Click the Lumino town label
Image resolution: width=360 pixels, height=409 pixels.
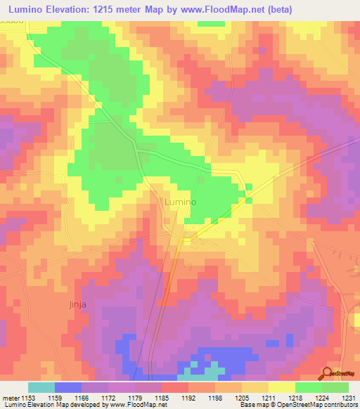(179, 202)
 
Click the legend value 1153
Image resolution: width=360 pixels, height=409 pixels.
(29, 398)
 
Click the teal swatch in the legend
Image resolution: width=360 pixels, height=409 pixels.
(41, 387)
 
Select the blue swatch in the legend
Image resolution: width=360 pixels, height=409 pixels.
(68, 387)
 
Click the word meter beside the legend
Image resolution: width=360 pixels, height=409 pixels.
(11, 398)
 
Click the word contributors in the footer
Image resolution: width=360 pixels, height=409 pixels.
(340, 405)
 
